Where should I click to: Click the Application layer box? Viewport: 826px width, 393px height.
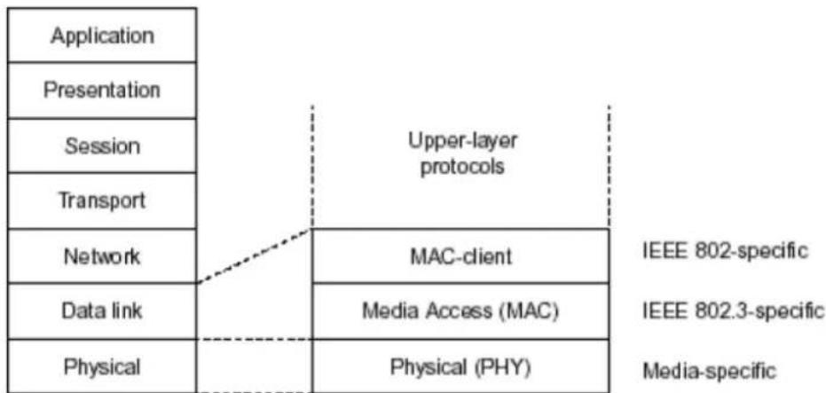pos(102,35)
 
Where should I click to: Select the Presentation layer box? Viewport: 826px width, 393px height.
pos(102,90)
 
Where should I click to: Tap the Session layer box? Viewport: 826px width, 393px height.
pos(102,145)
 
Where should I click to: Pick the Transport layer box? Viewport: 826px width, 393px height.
pos(102,200)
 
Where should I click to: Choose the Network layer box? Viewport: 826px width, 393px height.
pos(102,256)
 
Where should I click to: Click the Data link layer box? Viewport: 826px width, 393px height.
pos(102,310)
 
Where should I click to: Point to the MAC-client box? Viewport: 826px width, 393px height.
pos(460,256)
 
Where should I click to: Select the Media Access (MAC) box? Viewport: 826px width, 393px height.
pos(460,310)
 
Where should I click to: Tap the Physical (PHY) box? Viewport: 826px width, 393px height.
pos(460,365)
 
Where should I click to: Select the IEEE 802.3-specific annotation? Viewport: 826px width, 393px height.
pos(732,310)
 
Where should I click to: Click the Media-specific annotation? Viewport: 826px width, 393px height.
pos(709,372)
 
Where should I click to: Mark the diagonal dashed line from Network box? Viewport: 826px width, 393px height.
pos(255,256)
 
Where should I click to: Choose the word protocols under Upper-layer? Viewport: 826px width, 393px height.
pos(462,167)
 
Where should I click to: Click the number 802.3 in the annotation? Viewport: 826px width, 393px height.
pos(706,310)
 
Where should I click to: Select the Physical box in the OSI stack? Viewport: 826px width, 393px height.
pos(102,365)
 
